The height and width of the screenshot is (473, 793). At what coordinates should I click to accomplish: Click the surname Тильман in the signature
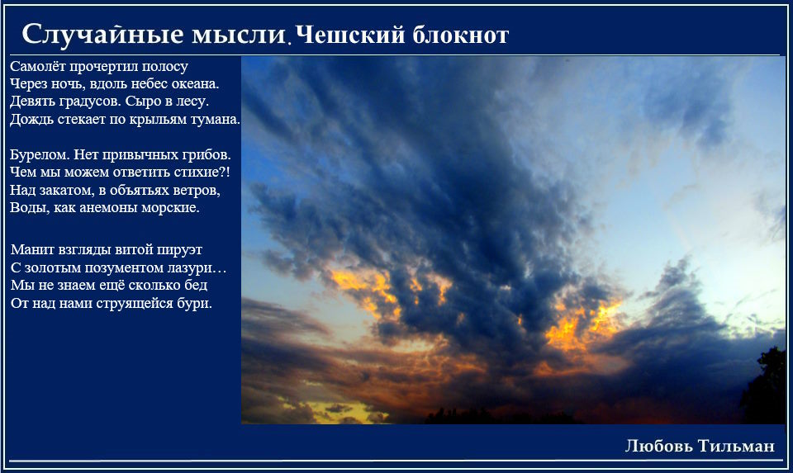[x=736, y=446]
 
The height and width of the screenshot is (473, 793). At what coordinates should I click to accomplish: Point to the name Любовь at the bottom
[x=659, y=446]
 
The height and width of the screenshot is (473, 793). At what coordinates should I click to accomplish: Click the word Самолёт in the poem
[x=38, y=66]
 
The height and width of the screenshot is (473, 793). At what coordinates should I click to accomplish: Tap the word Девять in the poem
[x=32, y=101]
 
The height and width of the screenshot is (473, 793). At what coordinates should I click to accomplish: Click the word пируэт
[x=179, y=249]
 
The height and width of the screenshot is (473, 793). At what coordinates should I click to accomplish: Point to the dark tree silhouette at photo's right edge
[x=764, y=387]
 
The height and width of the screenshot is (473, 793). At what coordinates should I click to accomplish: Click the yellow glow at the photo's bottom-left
[x=335, y=409]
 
